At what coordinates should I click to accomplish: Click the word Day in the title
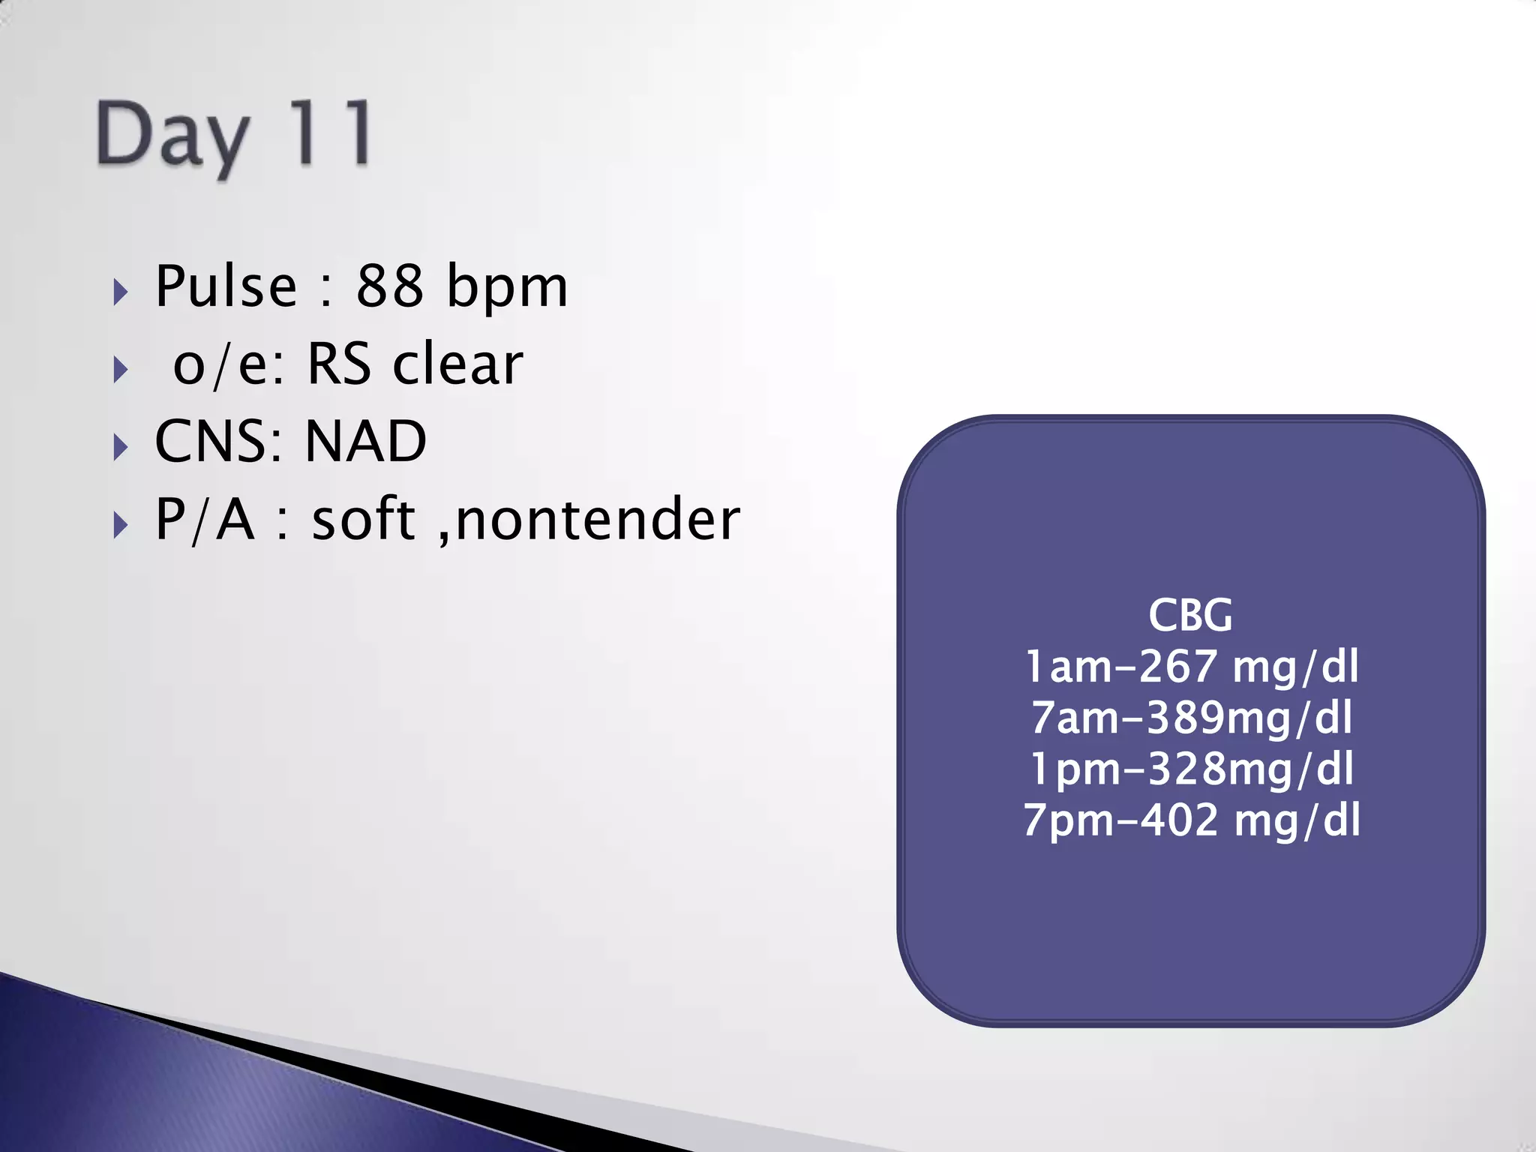click(172, 136)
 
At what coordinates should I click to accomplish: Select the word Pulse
click(226, 286)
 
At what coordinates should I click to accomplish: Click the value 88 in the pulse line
click(389, 286)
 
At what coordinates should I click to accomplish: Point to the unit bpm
click(507, 288)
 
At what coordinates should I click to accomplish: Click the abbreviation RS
click(338, 364)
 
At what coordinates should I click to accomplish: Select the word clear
click(457, 364)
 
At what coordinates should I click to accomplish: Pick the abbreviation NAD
click(366, 441)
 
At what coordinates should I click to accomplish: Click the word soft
click(364, 519)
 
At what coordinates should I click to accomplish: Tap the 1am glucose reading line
click(1191, 666)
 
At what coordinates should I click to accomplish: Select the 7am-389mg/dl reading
click(1191, 717)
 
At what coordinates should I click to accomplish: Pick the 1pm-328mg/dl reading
click(1191, 769)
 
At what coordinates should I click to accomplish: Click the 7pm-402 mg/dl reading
click(1191, 820)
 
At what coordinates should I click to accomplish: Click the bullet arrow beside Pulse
click(120, 292)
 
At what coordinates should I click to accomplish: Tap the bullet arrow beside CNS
click(120, 448)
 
